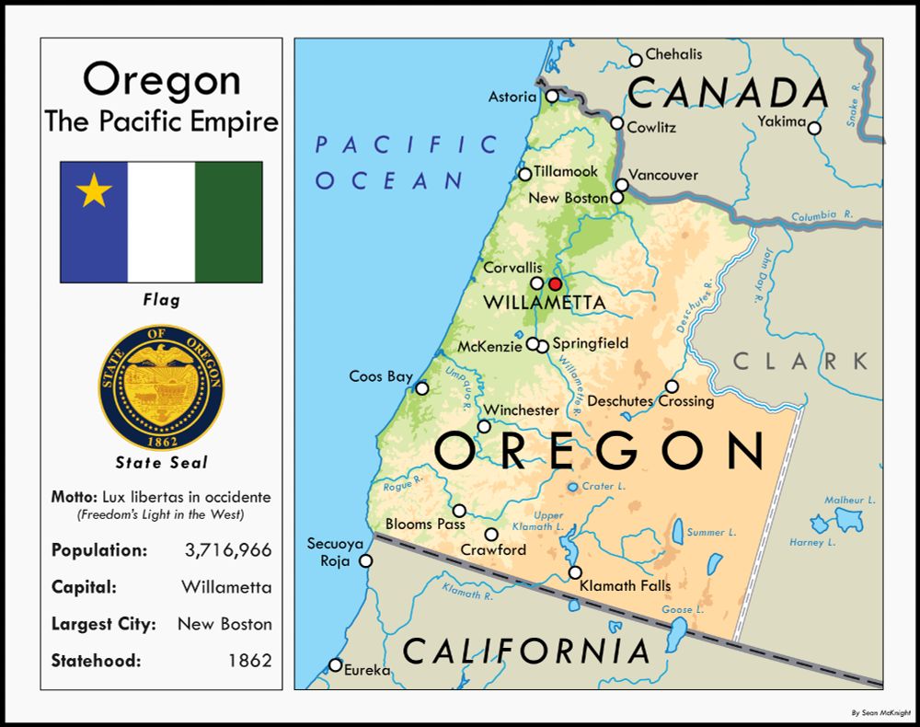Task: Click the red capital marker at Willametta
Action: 555,283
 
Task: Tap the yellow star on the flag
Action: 94,191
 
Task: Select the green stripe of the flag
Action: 228,222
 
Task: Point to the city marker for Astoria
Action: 552,96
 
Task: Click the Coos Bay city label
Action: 381,376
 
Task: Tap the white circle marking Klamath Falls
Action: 575,572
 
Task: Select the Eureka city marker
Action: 336,665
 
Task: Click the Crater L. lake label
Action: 604,486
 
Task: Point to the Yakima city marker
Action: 814,128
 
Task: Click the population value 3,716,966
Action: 228,550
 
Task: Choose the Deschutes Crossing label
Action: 650,401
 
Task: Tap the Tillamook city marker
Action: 525,174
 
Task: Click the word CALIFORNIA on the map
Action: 527,651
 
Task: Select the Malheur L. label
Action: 849,500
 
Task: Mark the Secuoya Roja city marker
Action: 365,560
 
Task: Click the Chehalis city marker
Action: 636,61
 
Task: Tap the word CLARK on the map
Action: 799,361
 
